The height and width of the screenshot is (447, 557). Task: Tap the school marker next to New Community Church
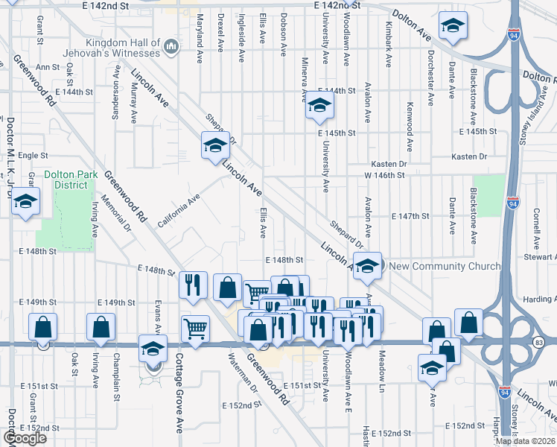368,264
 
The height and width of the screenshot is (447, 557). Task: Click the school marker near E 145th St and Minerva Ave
319,108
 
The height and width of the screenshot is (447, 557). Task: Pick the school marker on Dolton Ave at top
452,26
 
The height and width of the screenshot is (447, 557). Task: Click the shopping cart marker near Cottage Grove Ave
195,327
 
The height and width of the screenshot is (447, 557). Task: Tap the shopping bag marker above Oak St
43,326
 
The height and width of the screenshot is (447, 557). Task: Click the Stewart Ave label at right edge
540,257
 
